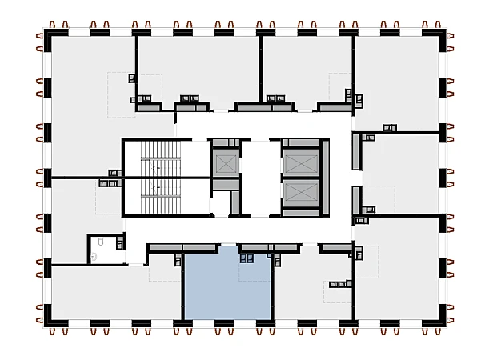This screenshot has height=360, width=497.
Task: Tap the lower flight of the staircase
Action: click(160, 195)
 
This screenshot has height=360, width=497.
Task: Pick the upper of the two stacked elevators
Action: click(299, 163)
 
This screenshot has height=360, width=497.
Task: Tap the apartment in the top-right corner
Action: click(400, 80)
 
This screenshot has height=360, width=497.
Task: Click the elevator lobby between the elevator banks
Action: click(260, 176)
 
